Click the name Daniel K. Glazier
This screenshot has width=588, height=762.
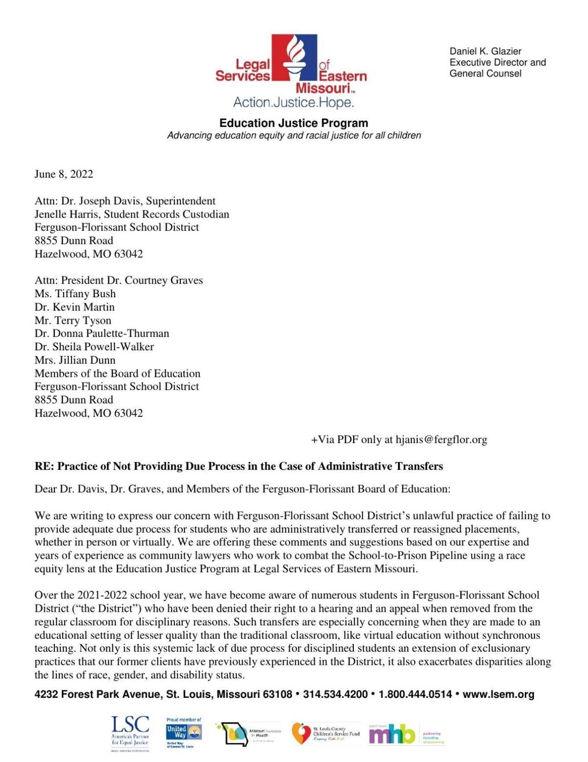485,51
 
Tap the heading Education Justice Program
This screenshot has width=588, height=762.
294,123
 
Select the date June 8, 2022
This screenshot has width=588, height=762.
64,174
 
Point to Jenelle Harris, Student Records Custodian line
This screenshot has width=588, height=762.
132,214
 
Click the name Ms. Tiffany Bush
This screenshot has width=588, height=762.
75,294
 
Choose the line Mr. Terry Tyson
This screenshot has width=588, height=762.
73,320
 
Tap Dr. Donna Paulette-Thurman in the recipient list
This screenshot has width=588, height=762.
101,333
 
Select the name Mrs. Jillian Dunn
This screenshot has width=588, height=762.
75,360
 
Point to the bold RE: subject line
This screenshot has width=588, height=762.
239,466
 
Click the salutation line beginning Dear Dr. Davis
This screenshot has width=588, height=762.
242,489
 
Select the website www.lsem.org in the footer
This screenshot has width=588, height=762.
498,694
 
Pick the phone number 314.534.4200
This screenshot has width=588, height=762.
335,694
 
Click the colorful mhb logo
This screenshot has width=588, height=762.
392,735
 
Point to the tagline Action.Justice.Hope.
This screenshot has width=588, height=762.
293,102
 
